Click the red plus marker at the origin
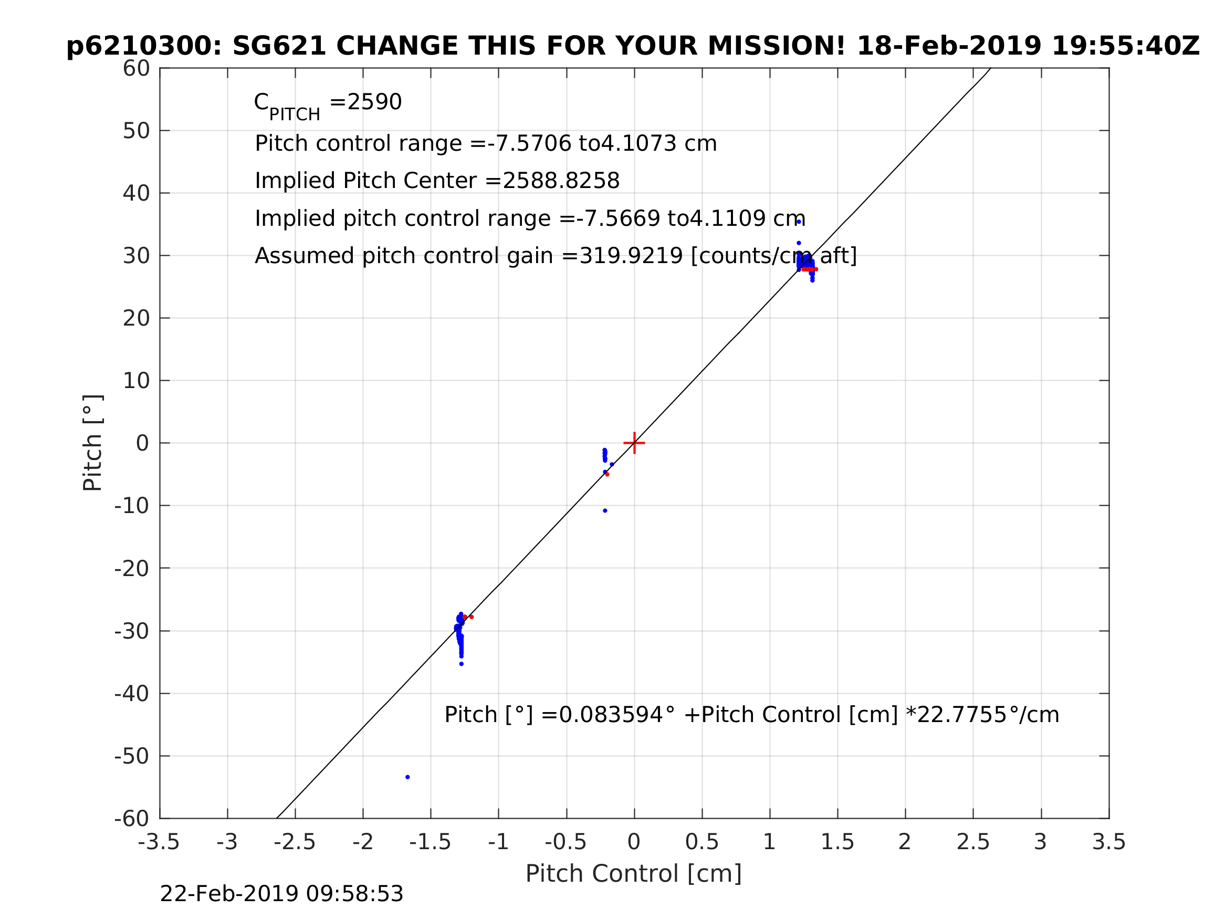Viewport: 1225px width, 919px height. pyautogui.click(x=634, y=443)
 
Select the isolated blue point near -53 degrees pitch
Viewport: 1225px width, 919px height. pyautogui.click(x=407, y=777)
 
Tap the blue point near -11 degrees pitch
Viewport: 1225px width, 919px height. pyautogui.click(x=605, y=510)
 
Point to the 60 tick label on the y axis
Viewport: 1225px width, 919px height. pyautogui.click(x=136, y=69)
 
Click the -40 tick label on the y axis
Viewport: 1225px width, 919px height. pyautogui.click(x=132, y=694)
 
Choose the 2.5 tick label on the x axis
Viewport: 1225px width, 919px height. pyautogui.click(x=972, y=842)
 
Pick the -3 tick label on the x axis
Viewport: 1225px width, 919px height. pyautogui.click(x=227, y=842)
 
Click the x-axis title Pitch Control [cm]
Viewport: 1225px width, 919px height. pyautogui.click(x=634, y=874)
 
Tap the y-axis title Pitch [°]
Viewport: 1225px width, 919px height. pyautogui.click(x=92, y=443)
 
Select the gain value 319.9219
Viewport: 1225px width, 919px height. pyautogui.click(x=631, y=256)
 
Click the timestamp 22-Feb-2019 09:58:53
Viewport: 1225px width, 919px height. pyautogui.click(x=281, y=894)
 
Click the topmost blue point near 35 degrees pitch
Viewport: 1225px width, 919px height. pyautogui.click(x=799, y=222)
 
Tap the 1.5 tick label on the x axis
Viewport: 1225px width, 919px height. pyautogui.click(x=837, y=842)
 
